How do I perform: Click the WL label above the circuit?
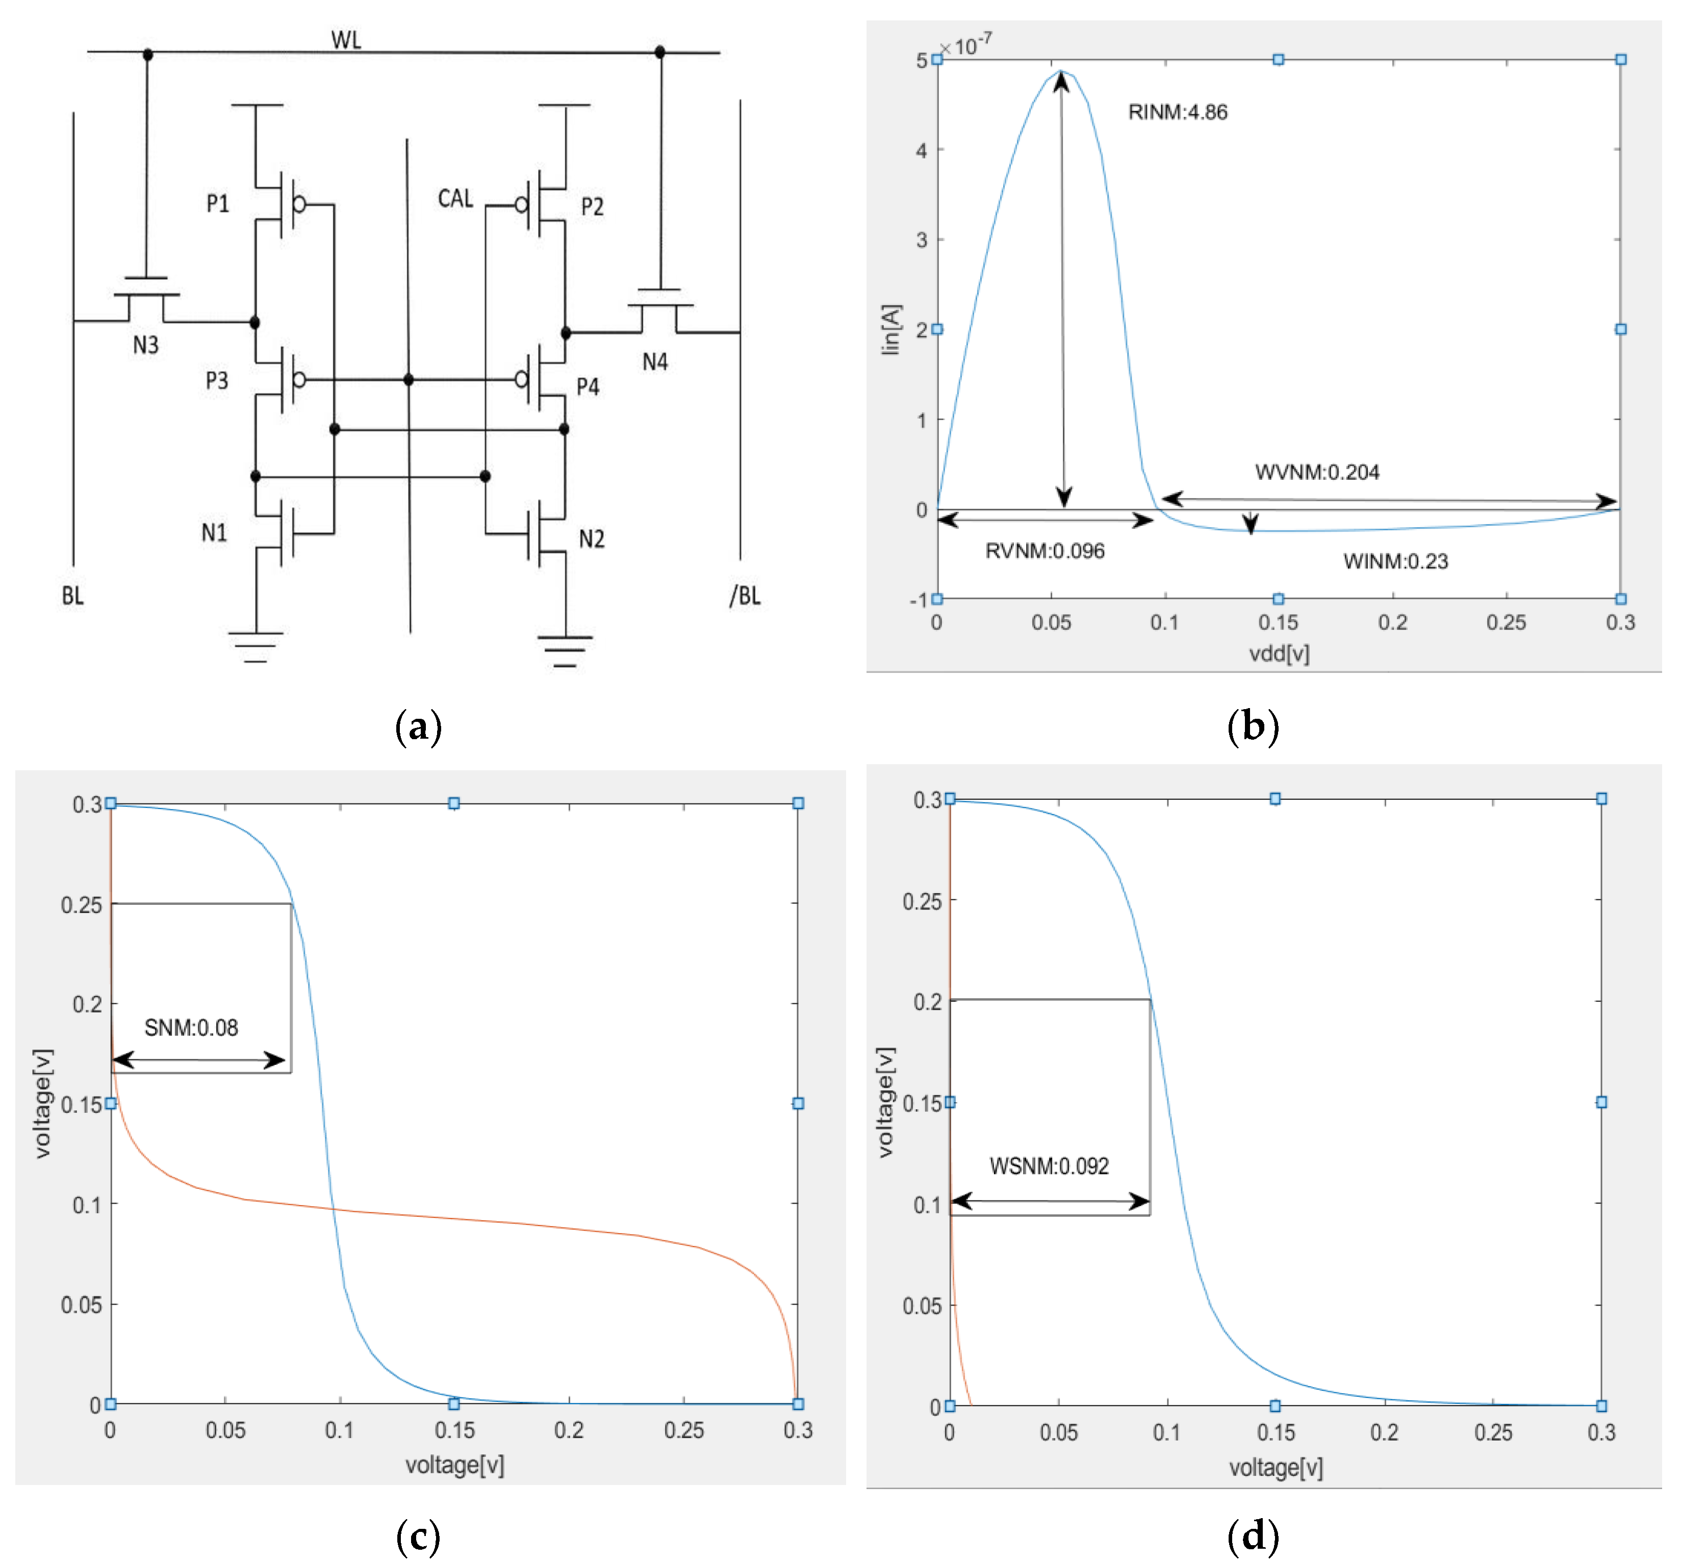[x=346, y=40]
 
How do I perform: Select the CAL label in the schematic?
[x=455, y=199]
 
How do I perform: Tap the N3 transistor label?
[x=145, y=345]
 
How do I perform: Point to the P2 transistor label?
[x=592, y=206]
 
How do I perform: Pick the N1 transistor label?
[x=214, y=533]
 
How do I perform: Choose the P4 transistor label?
[x=588, y=386]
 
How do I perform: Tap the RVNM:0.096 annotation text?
[x=1045, y=552]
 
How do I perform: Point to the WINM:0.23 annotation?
[x=1395, y=562]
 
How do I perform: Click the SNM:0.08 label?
[x=191, y=1028]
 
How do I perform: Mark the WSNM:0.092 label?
[x=1049, y=1166]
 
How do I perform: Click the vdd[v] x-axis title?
[x=1279, y=653]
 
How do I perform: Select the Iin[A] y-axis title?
[x=892, y=330]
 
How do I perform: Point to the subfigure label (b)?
[x=1252, y=726]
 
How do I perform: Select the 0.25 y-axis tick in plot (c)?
[x=81, y=905]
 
